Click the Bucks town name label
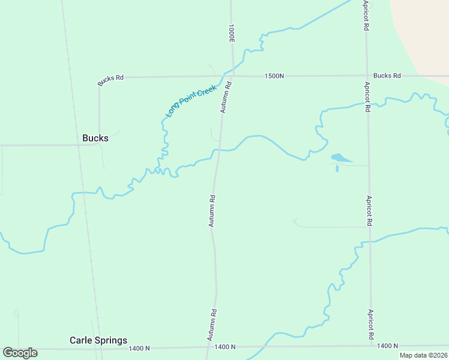click(x=95, y=138)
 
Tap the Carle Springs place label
click(x=98, y=340)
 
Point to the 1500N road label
click(x=274, y=76)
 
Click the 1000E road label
click(x=231, y=34)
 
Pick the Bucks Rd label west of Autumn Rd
click(x=111, y=78)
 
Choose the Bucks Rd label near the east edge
click(x=387, y=76)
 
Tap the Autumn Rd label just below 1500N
click(x=226, y=98)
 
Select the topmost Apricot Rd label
click(x=366, y=16)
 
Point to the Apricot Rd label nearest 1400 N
click(x=372, y=324)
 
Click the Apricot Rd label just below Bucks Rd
click(x=367, y=96)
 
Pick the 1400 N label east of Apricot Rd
click(x=388, y=346)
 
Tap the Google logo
click(x=20, y=353)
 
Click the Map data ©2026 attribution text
click(x=423, y=355)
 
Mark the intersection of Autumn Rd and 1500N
click(x=231, y=76)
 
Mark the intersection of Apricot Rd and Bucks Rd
click(x=366, y=76)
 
